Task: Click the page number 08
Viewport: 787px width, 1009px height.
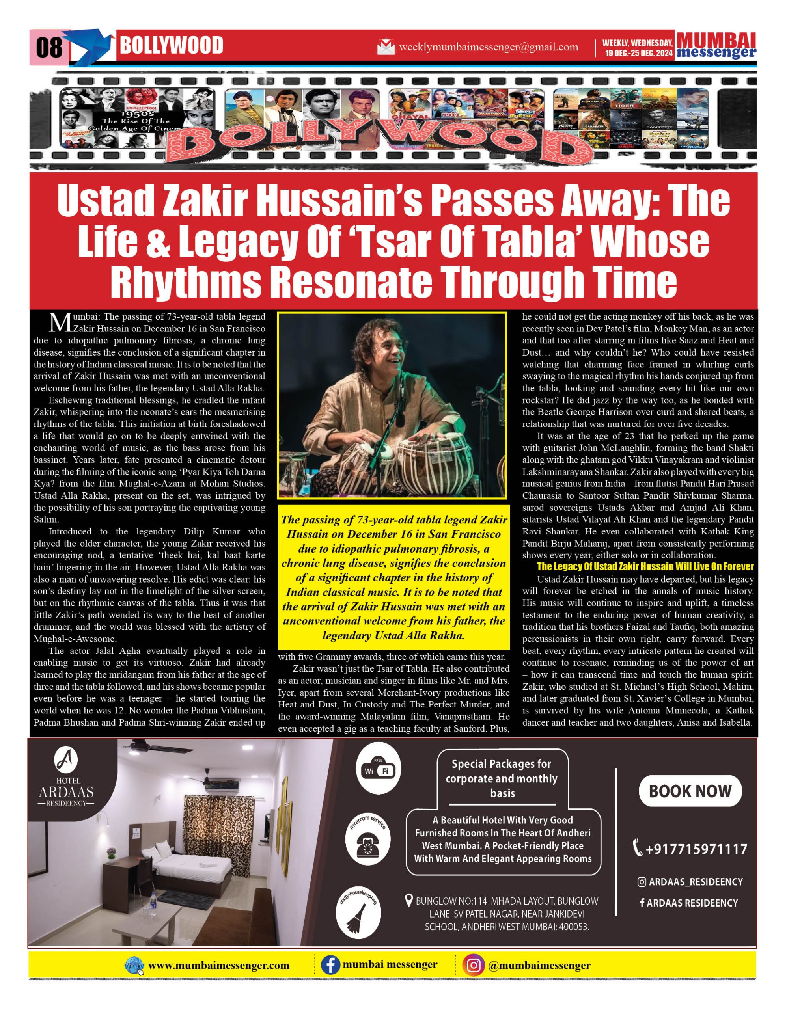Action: (49, 48)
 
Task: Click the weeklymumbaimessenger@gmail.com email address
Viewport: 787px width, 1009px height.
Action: (489, 47)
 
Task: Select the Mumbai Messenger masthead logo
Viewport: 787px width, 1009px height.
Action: (716, 46)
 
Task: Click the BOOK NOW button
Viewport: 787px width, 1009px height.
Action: (690, 791)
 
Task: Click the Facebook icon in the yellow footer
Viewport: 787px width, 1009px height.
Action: (330, 965)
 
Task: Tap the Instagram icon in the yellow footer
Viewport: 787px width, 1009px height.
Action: (473, 965)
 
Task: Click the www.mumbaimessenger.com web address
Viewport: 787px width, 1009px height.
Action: (218, 966)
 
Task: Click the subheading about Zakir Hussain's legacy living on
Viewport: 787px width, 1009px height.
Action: (645, 566)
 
